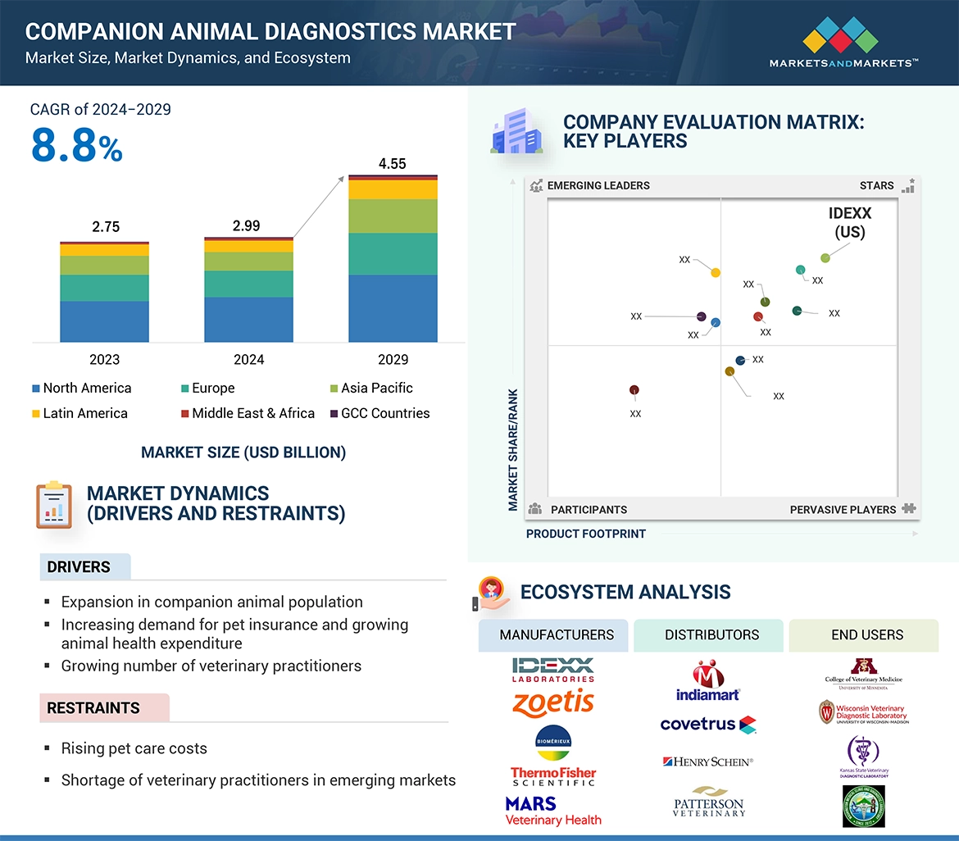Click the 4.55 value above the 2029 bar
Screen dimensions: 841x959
point(392,164)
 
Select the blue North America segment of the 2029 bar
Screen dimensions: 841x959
point(393,308)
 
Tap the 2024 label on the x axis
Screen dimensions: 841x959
point(248,359)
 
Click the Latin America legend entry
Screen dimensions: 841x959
point(80,413)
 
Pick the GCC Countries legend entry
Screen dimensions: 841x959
point(379,413)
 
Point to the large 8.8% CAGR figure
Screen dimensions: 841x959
point(76,145)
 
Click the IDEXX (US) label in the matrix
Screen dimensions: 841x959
point(850,222)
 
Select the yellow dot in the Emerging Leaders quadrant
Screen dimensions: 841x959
point(715,272)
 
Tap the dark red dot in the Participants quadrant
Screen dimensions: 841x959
point(634,390)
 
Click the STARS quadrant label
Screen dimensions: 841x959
point(876,185)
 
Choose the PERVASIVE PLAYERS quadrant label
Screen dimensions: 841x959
point(843,509)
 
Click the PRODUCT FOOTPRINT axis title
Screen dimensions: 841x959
point(585,534)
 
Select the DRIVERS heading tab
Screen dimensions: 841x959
point(80,567)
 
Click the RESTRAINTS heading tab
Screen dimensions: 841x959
point(93,707)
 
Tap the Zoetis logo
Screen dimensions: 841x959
point(553,702)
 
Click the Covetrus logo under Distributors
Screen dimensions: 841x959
point(707,725)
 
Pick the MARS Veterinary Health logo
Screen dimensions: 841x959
point(553,810)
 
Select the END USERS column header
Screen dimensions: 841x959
point(866,634)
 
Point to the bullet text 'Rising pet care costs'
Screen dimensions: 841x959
point(134,748)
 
